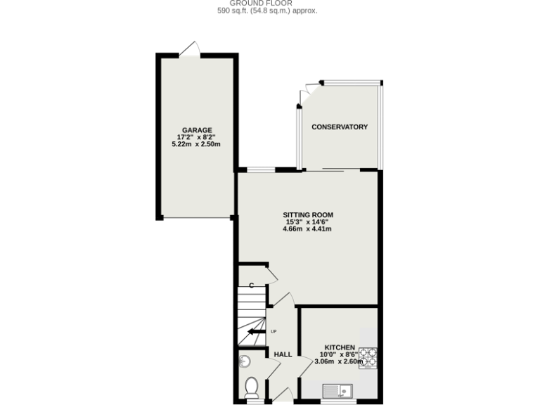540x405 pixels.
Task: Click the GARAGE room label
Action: click(x=197, y=130)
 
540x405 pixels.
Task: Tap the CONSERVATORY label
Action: click(x=340, y=127)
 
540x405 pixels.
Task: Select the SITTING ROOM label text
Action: click(x=308, y=214)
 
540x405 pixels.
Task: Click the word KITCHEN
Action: click(x=340, y=347)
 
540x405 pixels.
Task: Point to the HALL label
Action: click(x=283, y=354)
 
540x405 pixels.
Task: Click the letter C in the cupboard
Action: click(x=251, y=285)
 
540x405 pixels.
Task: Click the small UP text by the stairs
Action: click(x=274, y=331)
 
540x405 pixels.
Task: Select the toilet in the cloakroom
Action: click(x=251, y=387)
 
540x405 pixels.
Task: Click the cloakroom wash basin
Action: click(x=243, y=361)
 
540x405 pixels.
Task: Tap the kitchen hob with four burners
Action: click(x=368, y=358)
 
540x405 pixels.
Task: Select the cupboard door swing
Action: click(x=271, y=274)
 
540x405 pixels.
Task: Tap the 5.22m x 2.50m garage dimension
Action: click(x=197, y=144)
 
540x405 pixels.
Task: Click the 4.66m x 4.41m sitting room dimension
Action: click(x=308, y=229)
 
